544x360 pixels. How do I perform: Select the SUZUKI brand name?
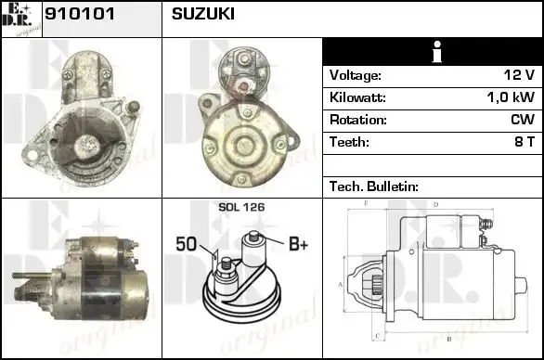click(203, 15)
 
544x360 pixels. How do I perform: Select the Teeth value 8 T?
click(524, 142)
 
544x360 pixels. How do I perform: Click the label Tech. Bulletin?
click(374, 186)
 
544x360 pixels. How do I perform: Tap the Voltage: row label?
click(355, 75)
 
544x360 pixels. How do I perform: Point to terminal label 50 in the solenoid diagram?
click(186, 244)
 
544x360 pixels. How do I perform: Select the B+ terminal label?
click(298, 244)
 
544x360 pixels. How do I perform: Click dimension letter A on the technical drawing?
click(339, 284)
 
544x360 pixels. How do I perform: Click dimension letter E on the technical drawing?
click(366, 202)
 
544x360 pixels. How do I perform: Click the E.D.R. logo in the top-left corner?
click(21, 19)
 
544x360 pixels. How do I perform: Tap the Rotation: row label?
click(357, 120)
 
